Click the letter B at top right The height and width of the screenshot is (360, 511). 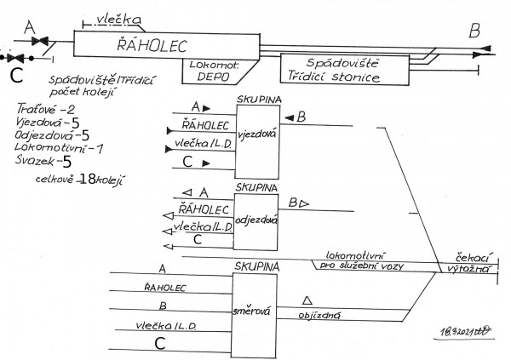click(x=474, y=32)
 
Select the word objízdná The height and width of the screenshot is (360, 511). click(x=320, y=314)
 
